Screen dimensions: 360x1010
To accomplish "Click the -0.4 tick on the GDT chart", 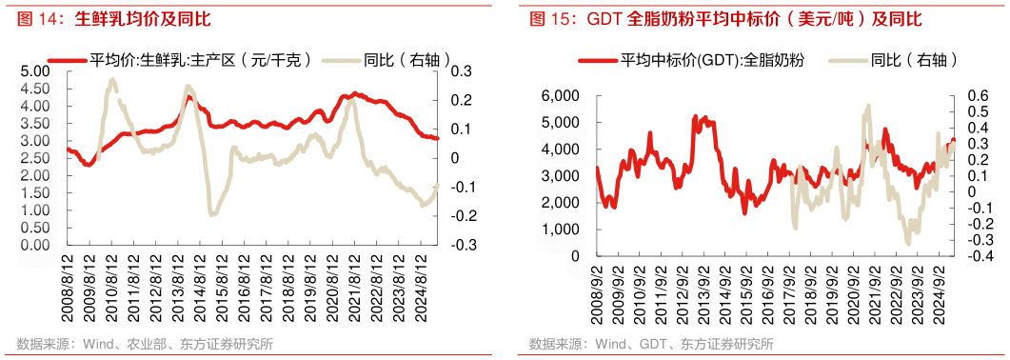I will click(971, 256).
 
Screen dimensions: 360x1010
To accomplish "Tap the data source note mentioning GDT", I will click(651, 344).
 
